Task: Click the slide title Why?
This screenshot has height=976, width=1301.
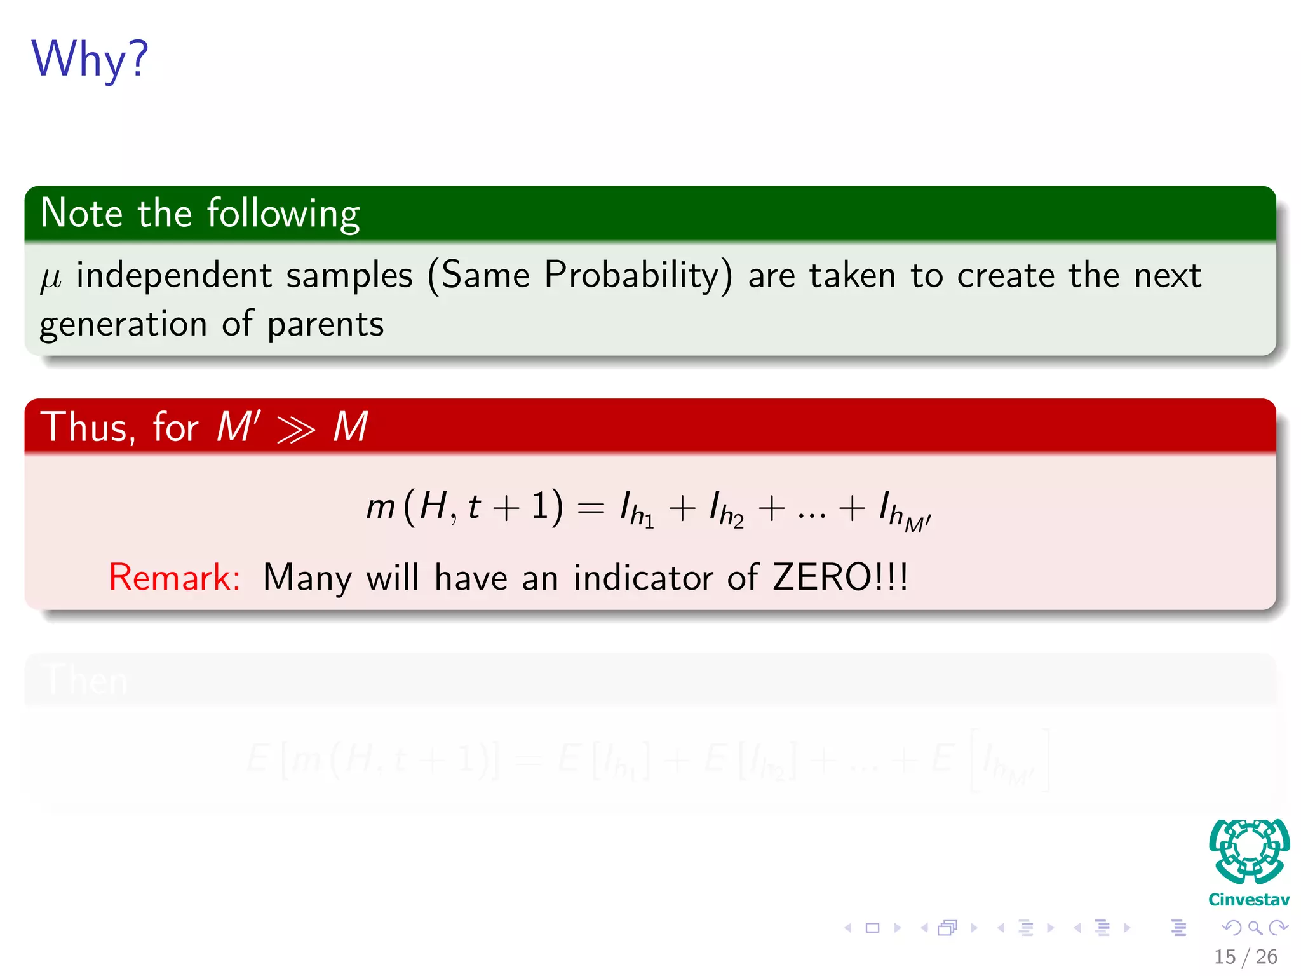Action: pyautogui.click(x=90, y=59)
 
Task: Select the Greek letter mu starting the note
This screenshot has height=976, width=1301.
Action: pyautogui.click(x=51, y=278)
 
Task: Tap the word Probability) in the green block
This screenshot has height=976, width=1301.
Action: pyautogui.click(x=638, y=276)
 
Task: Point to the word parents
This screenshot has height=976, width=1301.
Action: pyautogui.click(x=325, y=325)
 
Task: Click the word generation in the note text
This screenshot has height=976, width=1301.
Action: pyautogui.click(x=123, y=325)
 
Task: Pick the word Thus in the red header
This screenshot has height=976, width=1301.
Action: pyautogui.click(x=88, y=427)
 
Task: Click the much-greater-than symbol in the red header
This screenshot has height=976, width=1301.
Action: pyautogui.click(x=296, y=430)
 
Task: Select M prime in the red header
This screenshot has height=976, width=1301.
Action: pyautogui.click(x=238, y=426)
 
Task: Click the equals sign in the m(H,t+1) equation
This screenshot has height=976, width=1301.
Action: pyautogui.click(x=590, y=509)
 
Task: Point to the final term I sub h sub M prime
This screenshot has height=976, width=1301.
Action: pyautogui.click(x=904, y=512)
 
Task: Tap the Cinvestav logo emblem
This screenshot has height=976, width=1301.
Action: pyautogui.click(x=1249, y=851)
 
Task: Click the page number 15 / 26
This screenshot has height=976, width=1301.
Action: pyautogui.click(x=1245, y=956)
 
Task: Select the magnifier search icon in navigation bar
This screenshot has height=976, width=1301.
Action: pyautogui.click(x=1255, y=928)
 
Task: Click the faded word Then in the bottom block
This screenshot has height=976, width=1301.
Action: pyautogui.click(x=87, y=680)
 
